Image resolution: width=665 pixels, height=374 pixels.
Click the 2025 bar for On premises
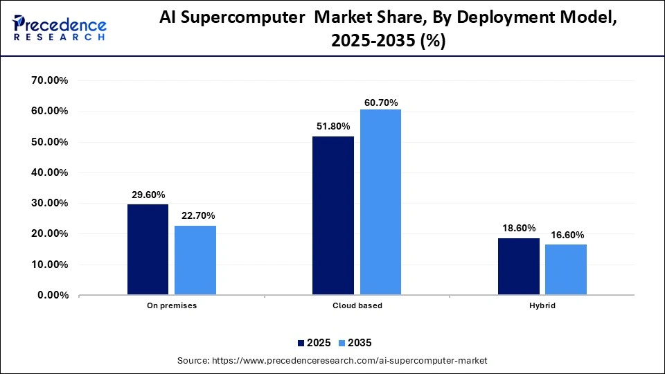[x=148, y=249]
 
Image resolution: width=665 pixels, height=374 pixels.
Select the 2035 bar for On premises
[x=195, y=260]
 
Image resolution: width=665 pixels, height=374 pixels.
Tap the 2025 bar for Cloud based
[x=333, y=215]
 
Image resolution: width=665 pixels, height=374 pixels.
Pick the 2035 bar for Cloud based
[x=380, y=202]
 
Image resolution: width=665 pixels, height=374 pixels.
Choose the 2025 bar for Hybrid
[x=519, y=267]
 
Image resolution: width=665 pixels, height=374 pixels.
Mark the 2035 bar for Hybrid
[x=566, y=269]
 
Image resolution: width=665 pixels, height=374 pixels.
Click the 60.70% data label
[x=380, y=103]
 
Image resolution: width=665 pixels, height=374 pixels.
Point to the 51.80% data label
[x=333, y=126]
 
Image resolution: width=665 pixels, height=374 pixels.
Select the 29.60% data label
[x=148, y=195]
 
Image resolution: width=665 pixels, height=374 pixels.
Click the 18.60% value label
[x=519, y=228]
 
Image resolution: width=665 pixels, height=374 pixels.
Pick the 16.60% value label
[x=567, y=235]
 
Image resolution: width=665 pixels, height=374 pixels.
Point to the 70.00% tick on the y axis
[x=49, y=80]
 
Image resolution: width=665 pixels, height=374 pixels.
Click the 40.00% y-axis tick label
[x=49, y=172]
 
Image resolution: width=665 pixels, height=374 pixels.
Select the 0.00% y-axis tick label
[x=52, y=295]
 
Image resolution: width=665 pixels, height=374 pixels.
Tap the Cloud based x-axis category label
[x=357, y=305]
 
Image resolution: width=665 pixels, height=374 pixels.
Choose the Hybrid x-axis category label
[x=542, y=305]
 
